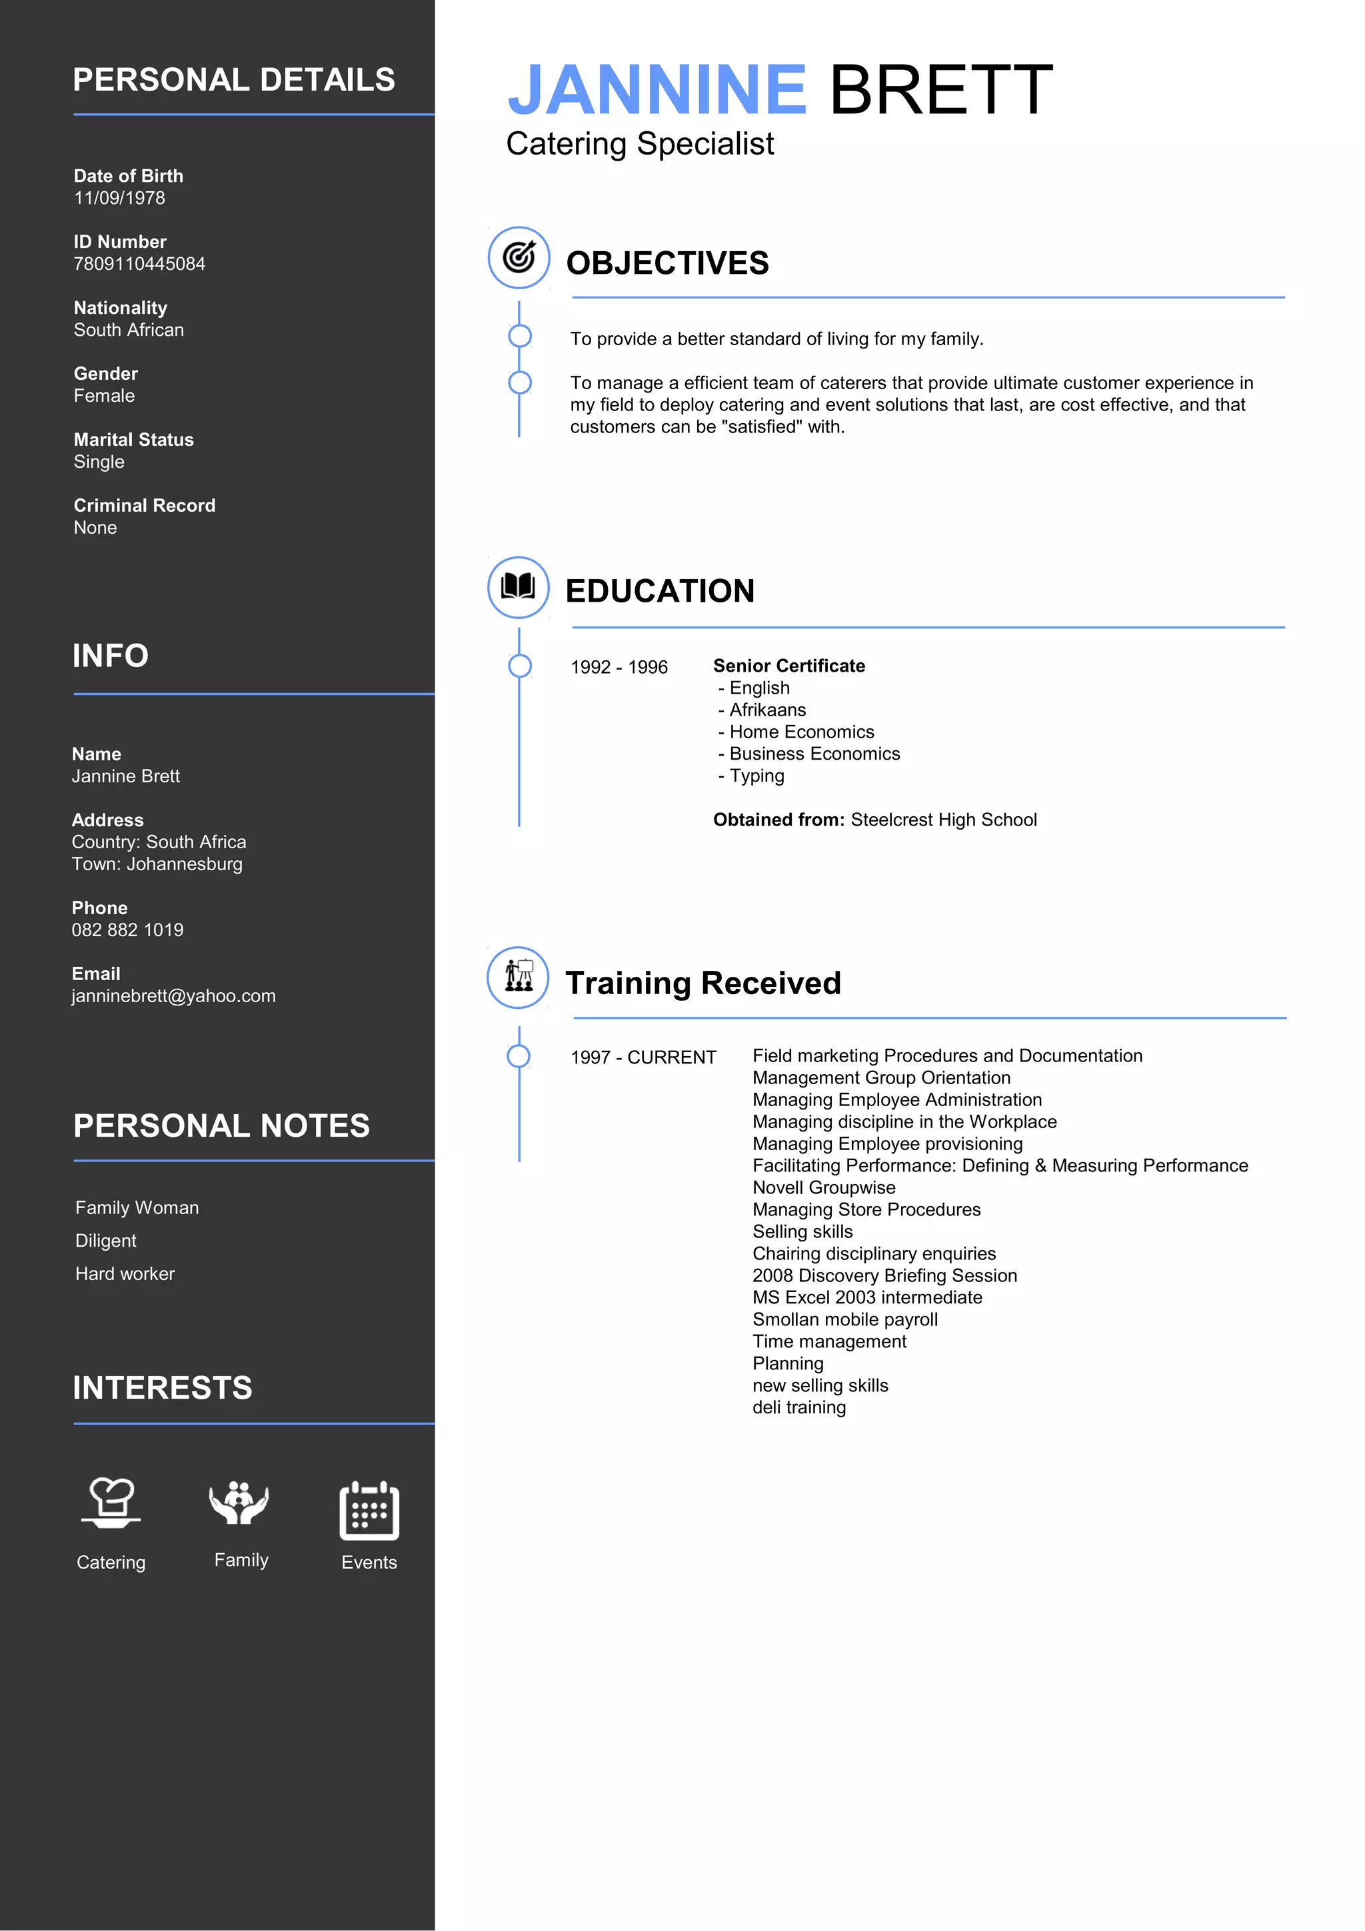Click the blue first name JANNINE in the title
(657, 90)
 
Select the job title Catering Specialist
(639, 144)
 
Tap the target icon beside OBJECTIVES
(519, 257)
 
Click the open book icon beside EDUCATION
(518, 586)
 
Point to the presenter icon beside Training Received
(518, 976)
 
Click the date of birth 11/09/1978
(119, 199)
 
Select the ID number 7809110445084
(139, 264)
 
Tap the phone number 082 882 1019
(127, 930)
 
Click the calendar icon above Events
(369, 1511)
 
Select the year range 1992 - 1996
(619, 668)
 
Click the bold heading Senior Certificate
(789, 666)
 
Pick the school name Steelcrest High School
(944, 820)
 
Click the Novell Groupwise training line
(824, 1187)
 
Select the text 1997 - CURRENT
(643, 1058)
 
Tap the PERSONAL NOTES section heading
(221, 1126)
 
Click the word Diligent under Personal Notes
(106, 1241)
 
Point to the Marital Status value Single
(99, 462)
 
